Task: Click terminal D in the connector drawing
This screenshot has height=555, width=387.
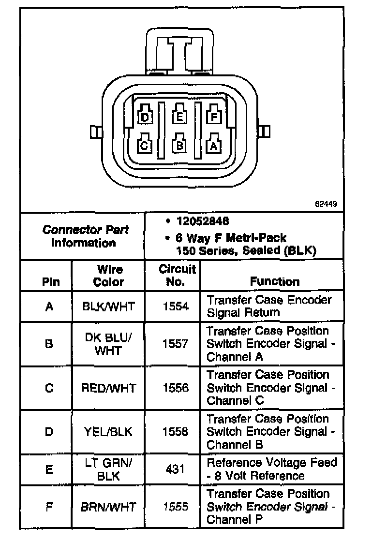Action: pyautogui.click(x=145, y=117)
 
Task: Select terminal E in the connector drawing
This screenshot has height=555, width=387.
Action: pyautogui.click(x=179, y=116)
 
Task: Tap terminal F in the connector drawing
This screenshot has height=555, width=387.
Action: pyautogui.click(x=214, y=116)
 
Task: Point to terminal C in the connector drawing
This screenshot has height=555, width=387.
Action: pyautogui.click(x=145, y=145)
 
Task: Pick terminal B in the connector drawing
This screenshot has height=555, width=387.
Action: pyautogui.click(x=179, y=145)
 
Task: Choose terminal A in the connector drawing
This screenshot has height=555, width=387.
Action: pyautogui.click(x=214, y=144)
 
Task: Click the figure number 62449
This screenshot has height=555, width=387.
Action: pyautogui.click(x=327, y=204)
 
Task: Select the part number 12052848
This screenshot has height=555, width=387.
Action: pyautogui.click(x=203, y=221)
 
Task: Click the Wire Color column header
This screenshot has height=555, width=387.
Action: pyautogui.click(x=109, y=276)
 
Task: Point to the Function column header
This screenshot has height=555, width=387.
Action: pyautogui.click(x=275, y=281)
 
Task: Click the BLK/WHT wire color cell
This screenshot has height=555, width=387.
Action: pyautogui.click(x=109, y=306)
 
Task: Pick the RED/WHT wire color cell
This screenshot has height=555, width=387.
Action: pyautogui.click(x=109, y=388)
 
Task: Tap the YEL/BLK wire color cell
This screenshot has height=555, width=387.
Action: pyautogui.click(x=109, y=431)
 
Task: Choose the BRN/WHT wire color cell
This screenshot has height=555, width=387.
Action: pyautogui.click(x=109, y=507)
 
